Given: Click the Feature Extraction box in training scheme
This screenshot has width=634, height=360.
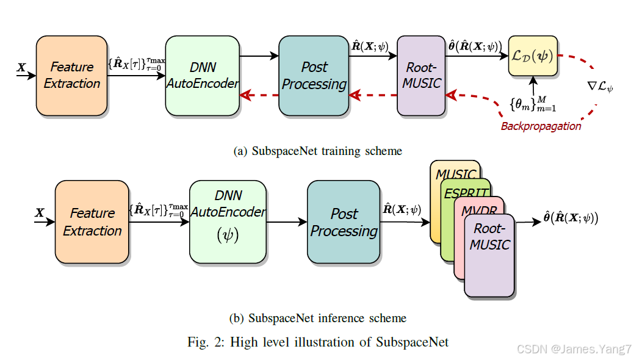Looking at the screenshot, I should pos(71,76).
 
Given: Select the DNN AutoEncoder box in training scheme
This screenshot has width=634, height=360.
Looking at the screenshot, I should pos(203,76).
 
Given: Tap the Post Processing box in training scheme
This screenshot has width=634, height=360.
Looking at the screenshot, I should pos(314,76).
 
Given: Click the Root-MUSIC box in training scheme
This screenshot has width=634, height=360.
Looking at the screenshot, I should pos(421,76).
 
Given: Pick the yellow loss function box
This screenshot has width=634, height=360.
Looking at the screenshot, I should pos(533,56).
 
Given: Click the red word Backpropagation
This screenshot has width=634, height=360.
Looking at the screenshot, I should pos(541,126).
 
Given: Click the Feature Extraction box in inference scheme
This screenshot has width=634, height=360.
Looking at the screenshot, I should pos(92,221).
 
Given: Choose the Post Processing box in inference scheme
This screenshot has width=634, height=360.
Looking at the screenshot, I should pos(344,221).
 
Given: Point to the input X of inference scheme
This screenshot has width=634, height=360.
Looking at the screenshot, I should pos(40,213).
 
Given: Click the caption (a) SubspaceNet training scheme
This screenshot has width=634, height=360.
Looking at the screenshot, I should pos(318,151).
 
